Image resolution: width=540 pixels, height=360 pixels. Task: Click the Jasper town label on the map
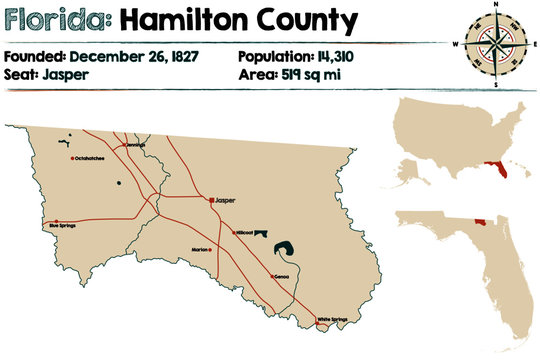tap(225, 201)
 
